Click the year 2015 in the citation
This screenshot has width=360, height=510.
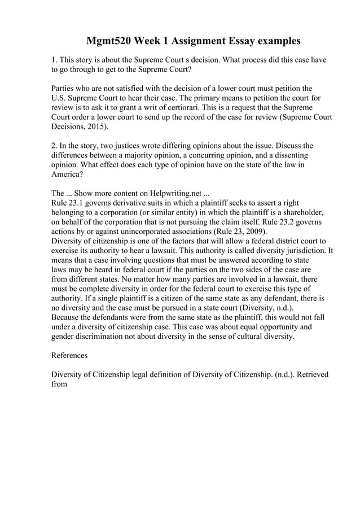point(98,128)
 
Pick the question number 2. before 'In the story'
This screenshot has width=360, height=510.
point(55,145)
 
